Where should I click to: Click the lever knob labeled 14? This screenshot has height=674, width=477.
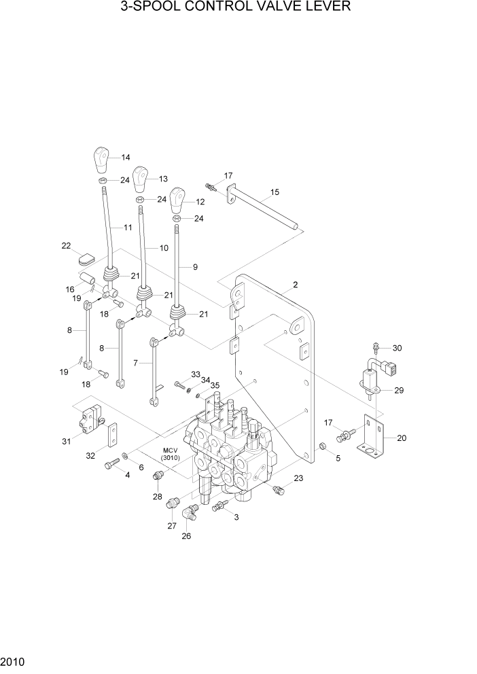point(101,161)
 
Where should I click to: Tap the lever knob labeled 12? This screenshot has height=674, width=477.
point(177,200)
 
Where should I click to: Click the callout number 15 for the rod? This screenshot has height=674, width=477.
point(275,192)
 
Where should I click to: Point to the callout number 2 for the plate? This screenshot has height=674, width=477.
point(295,284)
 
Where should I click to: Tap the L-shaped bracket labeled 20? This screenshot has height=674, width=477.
point(372,435)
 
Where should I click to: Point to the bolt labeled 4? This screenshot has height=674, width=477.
point(111,465)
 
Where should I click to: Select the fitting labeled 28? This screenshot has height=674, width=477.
point(158,476)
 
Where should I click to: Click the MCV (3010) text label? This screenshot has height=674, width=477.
point(170,455)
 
